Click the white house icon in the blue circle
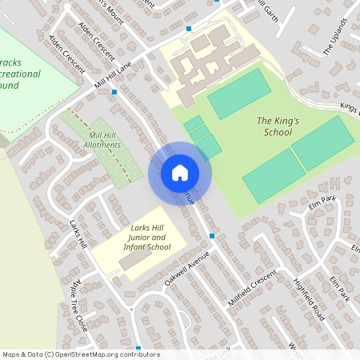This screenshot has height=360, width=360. click(x=179, y=172)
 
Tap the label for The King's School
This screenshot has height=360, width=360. click(x=274, y=126)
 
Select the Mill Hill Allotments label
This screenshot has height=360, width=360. click(x=105, y=141)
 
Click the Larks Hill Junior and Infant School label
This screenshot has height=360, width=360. click(x=148, y=238)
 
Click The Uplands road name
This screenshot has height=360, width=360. click(x=337, y=38)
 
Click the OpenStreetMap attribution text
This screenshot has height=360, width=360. click(x=81, y=354)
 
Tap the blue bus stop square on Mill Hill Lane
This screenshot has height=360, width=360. click(x=114, y=92)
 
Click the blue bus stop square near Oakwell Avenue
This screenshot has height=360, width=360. click(x=211, y=236)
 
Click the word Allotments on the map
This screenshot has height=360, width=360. click(x=105, y=146)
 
